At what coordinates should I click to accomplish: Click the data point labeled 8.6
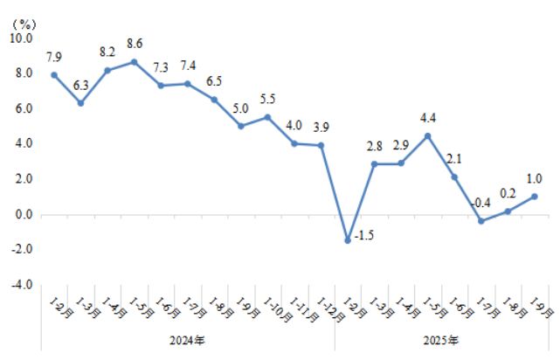coord(134,62)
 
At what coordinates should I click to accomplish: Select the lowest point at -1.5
coord(348,240)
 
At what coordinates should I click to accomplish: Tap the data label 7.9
coord(53,58)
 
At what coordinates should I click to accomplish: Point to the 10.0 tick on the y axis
coord(20,38)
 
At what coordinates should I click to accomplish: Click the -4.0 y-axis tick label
coord(20,285)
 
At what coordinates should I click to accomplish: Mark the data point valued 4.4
coord(428,135)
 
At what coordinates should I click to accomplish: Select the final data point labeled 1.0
coord(535,196)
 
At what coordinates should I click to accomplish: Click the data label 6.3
coord(80,86)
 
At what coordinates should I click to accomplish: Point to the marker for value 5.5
coord(267,116)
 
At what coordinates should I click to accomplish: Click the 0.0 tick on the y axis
coord(22,214)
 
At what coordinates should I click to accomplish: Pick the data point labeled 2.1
coord(454,177)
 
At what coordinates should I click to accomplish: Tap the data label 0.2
coord(508,194)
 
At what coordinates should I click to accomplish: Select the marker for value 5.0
coord(240,126)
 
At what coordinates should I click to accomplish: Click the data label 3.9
coord(321,128)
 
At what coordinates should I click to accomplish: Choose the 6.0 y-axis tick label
coord(22,108)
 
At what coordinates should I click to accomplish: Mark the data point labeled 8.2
coord(107,70)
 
